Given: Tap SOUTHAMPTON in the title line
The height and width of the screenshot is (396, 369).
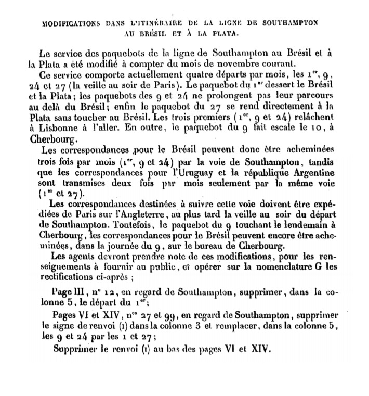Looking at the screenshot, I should coord(291,24).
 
